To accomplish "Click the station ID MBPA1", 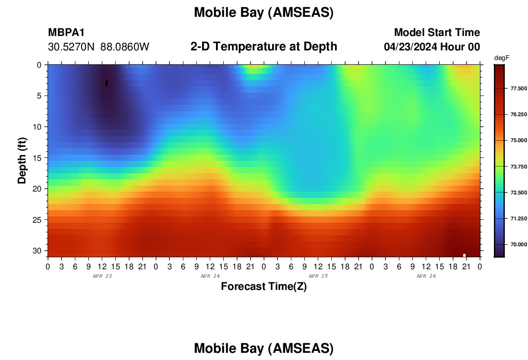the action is pos(66,32).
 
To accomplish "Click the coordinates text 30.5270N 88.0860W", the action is pos(98,47).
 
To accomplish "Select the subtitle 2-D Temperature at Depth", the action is pos(264,47).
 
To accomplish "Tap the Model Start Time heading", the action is pos(437,32).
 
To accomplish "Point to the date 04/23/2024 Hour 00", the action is pos(432,47).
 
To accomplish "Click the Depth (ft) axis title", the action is pos(22,160).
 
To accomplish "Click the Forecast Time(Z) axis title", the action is pos(264,286).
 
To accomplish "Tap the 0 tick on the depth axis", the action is pos(39,65).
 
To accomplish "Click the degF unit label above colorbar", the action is pos(502,58).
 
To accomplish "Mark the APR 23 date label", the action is pos(102,276).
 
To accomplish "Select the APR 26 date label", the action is pos(426,276).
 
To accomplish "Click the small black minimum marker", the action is pos(107,83).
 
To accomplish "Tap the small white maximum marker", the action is pos(464,255).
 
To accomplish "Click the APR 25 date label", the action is pos(318,276).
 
